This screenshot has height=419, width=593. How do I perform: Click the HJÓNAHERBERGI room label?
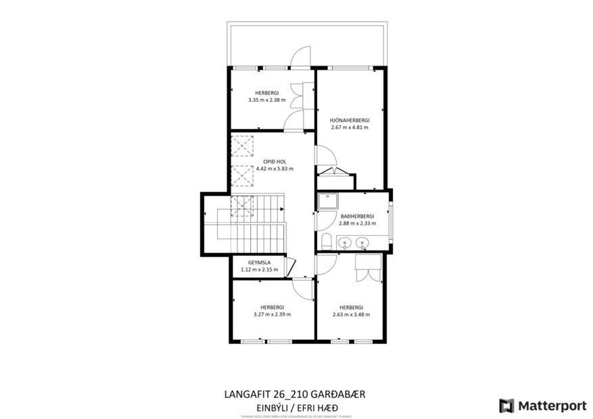click(x=350, y=120)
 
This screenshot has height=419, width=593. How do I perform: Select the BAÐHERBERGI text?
click(x=356, y=216)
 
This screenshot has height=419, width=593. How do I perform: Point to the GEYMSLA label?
click(x=260, y=262)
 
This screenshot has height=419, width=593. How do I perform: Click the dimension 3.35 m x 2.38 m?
click(x=266, y=100)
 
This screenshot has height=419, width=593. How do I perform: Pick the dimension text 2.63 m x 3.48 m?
click(x=351, y=314)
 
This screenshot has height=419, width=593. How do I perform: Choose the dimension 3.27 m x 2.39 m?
click(x=271, y=314)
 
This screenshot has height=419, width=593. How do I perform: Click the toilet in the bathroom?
click(x=326, y=241)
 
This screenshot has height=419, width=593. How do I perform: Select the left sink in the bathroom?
click(x=345, y=242)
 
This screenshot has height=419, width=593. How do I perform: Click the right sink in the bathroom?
click(x=362, y=242)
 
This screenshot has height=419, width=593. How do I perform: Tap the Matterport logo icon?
click(x=506, y=405)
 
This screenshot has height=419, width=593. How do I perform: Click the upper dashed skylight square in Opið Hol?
click(x=241, y=145)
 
